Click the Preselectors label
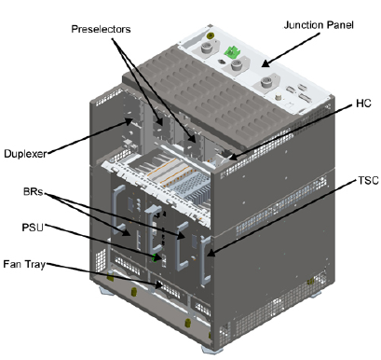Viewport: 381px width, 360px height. point(101,29)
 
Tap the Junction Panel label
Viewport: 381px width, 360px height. point(319,25)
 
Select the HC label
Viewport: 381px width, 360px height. point(363,103)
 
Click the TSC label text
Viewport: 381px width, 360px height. point(368,180)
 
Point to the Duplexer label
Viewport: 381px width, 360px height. point(25,154)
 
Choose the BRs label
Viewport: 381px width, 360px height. point(34,192)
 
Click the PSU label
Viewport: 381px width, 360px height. point(33,228)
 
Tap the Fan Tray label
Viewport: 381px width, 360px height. point(24,264)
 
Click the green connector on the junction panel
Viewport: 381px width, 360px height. point(230,51)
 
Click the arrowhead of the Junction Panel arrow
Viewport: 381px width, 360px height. point(265,64)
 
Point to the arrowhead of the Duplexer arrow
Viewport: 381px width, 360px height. point(129,120)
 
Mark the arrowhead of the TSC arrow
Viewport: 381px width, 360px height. point(211,254)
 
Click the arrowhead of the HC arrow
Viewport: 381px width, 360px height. point(232,158)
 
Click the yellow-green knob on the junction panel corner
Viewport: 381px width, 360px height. point(210,35)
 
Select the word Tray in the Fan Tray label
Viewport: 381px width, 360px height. point(35,265)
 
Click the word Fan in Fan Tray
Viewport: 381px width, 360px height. point(12,264)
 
